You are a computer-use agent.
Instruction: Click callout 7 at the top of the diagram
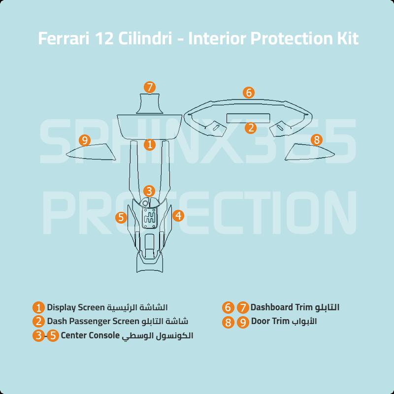point(150,87)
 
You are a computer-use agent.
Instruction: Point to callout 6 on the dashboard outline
point(249,93)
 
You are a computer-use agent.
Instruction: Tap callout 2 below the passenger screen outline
point(251,128)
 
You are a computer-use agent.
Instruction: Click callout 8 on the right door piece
point(316,140)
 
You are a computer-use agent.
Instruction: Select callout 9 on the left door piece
point(85,141)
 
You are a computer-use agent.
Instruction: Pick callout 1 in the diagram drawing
point(150,145)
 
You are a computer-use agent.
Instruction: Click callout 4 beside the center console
point(178,215)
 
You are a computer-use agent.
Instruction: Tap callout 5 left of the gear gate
point(122,217)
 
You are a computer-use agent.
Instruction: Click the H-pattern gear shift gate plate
point(150,217)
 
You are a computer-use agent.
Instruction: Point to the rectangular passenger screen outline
point(247,118)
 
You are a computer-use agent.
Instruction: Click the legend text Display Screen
point(76,308)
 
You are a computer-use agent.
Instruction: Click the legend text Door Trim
point(269,322)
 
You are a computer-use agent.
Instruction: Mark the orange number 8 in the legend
point(228,322)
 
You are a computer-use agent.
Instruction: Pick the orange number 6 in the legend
point(228,308)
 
